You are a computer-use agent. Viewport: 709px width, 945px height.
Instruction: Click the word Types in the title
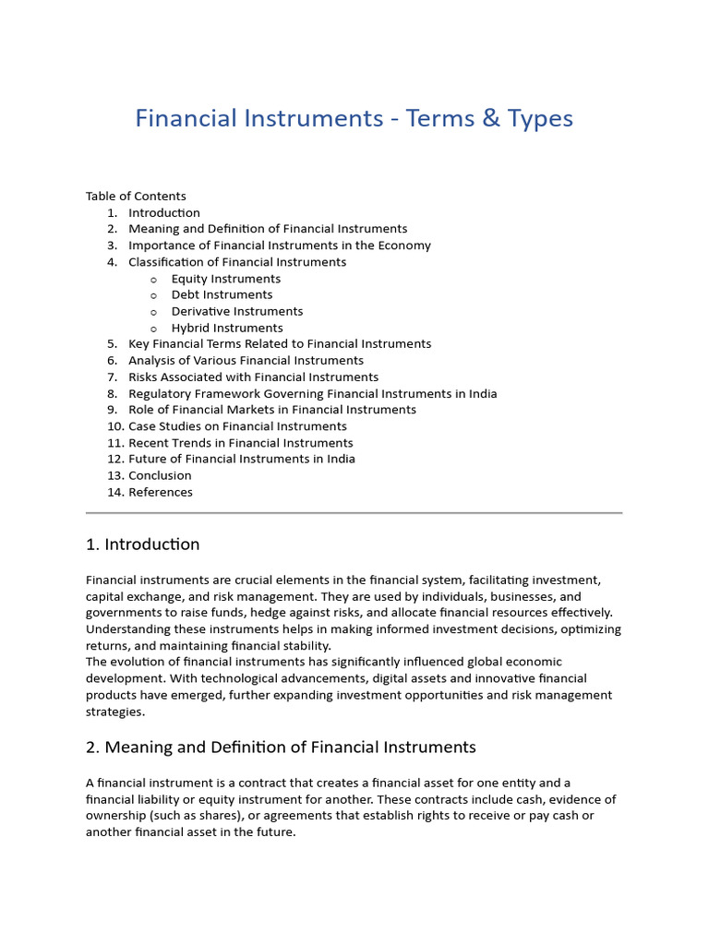(540, 119)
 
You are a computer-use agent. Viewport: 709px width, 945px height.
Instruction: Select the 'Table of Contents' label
(136, 196)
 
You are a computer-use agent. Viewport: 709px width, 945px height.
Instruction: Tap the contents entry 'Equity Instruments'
(226, 279)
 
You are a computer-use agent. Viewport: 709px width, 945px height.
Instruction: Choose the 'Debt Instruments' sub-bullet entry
(222, 295)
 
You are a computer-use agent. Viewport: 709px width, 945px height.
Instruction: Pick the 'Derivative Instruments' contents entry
(237, 312)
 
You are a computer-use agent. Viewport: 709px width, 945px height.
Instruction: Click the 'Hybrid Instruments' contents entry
(227, 328)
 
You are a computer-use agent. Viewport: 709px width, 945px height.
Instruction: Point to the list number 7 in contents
(112, 377)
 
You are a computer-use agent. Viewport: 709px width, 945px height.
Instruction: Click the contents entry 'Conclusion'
(160, 476)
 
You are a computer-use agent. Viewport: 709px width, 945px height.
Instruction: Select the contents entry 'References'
(161, 493)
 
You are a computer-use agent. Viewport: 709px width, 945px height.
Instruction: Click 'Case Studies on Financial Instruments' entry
(237, 426)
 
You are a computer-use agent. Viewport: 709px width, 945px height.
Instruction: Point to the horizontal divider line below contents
(354, 512)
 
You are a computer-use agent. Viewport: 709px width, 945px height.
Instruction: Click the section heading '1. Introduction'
(142, 544)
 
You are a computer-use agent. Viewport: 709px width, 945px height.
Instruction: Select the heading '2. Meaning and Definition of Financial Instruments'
(281, 748)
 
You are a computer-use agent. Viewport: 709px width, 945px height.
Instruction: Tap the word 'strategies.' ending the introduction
(115, 712)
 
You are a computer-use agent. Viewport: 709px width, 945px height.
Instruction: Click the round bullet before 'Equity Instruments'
(153, 279)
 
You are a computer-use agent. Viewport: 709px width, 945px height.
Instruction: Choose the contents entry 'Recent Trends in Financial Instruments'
(240, 443)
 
